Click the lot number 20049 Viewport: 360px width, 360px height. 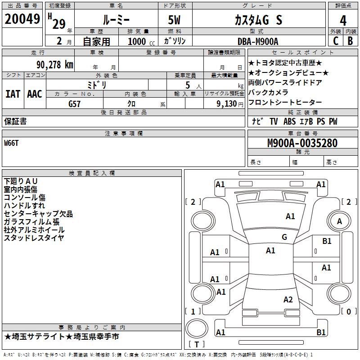[22, 19]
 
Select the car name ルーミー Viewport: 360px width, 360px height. [116, 20]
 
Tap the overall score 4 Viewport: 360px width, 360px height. [343, 20]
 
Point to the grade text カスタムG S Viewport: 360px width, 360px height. [258, 20]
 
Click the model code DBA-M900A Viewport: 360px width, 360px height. [258, 41]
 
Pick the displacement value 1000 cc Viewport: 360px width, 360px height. [138, 41]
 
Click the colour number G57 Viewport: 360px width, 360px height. [75, 103]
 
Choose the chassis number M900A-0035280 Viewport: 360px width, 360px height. [302, 143]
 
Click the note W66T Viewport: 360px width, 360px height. [12, 143]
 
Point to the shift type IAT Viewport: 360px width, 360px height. [13, 94]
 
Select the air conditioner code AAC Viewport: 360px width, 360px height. [35, 94]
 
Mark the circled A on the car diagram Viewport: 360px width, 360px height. [340, 221]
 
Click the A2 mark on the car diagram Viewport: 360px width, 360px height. [288, 299]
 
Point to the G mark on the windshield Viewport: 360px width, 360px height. [284, 237]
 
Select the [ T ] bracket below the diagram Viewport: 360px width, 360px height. [197, 344]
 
